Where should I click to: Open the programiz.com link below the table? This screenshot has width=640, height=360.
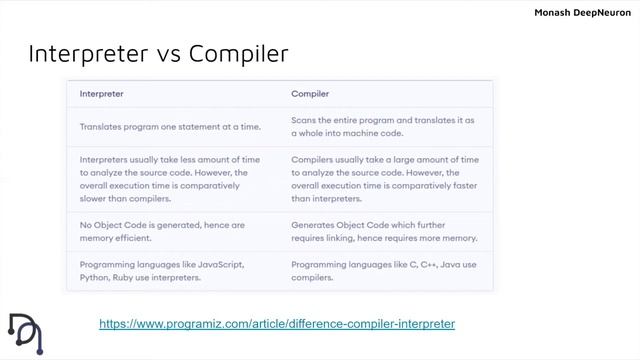277,324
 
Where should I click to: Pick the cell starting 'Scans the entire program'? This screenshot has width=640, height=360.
382,125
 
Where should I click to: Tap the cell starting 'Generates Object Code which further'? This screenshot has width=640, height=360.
384,231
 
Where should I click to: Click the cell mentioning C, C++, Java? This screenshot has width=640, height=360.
384,270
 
